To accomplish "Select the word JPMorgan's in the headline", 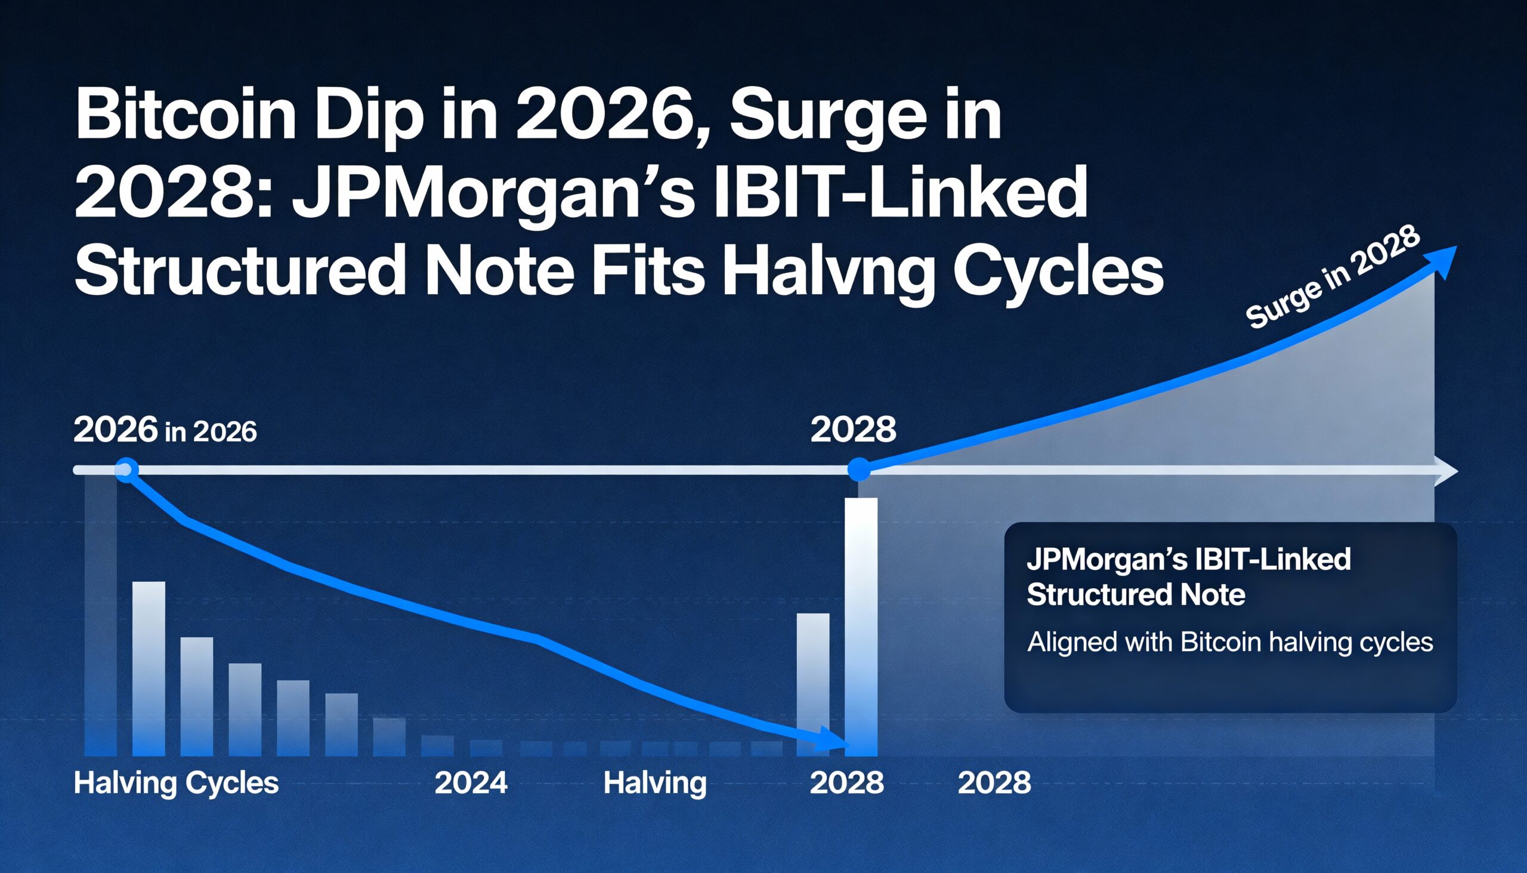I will pos(492,195).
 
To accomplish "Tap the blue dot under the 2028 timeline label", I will pos(860,470).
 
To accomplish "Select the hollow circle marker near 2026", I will pos(126,470).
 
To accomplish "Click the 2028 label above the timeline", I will pos(853,429).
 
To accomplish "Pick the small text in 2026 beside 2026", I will pos(211,431).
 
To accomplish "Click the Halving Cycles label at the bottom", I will pos(175,782).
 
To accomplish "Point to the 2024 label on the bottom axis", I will pos(471,782).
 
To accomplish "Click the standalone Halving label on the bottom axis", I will pos(654,782).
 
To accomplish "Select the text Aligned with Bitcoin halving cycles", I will pos(1230,642).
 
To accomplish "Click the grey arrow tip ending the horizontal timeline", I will pos(1451,471).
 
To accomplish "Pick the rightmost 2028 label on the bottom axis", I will pos(994,782).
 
